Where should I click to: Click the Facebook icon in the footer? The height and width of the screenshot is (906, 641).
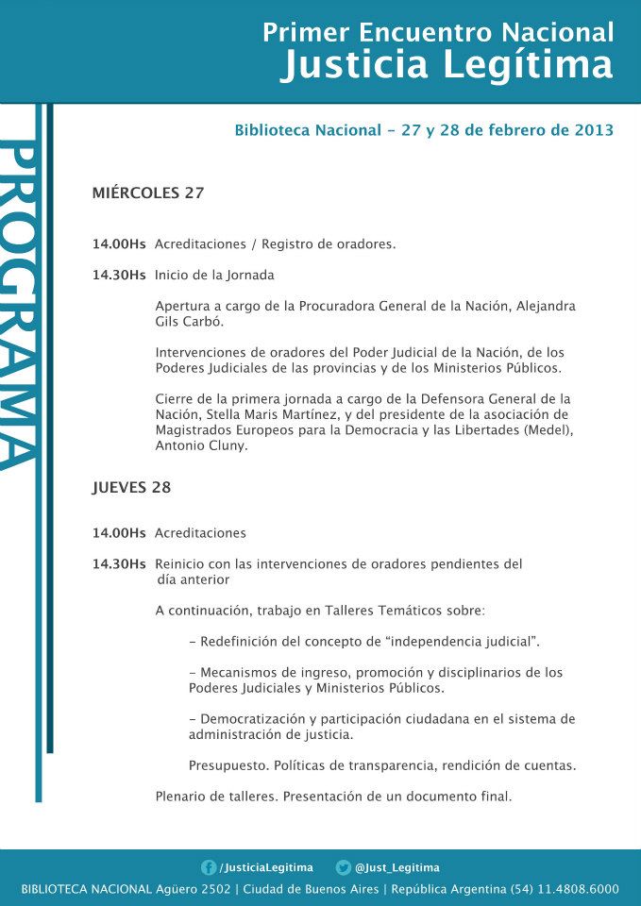pyautogui.click(x=209, y=867)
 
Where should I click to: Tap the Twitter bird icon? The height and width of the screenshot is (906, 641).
pyautogui.click(x=344, y=867)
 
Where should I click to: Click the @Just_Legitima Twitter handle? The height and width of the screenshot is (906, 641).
pyautogui.click(x=396, y=867)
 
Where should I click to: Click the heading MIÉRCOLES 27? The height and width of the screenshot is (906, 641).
pyautogui.click(x=148, y=193)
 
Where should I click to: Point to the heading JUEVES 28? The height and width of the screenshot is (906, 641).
pyautogui.click(x=131, y=488)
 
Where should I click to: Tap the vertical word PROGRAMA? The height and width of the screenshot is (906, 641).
pyautogui.click(x=20, y=302)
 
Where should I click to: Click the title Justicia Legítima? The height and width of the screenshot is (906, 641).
pyautogui.click(x=447, y=66)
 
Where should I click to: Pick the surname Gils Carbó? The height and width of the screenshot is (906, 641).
pyautogui.click(x=189, y=322)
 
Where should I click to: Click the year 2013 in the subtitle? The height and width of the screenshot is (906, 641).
pyautogui.click(x=594, y=130)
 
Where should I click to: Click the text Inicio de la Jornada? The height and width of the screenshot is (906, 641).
pyautogui.click(x=214, y=276)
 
